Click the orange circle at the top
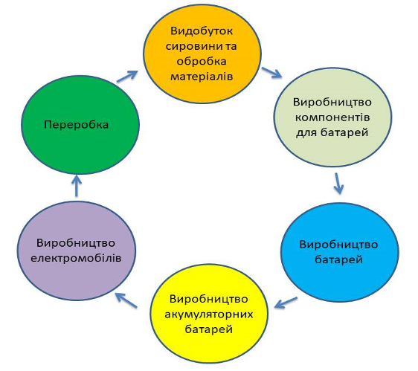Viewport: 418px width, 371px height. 202,54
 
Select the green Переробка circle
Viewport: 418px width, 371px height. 80,125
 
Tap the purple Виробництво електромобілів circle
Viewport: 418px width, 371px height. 77,251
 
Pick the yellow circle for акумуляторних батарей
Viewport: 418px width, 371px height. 209,314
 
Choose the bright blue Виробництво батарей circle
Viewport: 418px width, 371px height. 340,252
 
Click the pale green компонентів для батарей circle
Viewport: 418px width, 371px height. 333,117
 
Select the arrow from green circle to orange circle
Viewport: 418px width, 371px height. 127,77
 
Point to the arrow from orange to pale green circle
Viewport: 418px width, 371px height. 271,73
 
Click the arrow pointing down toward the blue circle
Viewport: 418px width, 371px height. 338,184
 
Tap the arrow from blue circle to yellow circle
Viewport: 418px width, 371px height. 286,303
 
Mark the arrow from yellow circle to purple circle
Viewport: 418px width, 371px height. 126,300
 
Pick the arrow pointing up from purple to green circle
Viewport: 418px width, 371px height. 77,186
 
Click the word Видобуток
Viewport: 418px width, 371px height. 202,31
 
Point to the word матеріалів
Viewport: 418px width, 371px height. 202,77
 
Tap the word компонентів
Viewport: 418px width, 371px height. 332,117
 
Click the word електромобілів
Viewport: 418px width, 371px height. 76,258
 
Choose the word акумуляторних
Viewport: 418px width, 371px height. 209,314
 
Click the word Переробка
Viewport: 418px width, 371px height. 77,125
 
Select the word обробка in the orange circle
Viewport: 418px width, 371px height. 202,62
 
